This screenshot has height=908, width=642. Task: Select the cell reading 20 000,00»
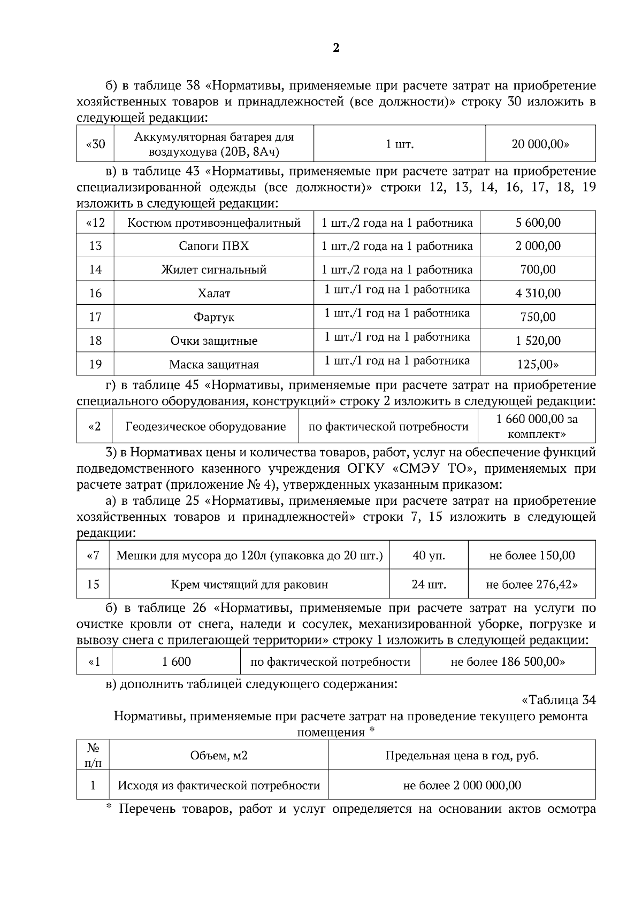(540, 144)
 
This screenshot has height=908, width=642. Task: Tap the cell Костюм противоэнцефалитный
(213, 223)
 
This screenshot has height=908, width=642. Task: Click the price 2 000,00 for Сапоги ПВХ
(538, 246)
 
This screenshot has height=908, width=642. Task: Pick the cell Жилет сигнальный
(213, 270)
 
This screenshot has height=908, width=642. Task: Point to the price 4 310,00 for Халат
(538, 293)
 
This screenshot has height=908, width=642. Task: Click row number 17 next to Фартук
(95, 317)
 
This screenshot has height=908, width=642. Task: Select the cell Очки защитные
(213, 341)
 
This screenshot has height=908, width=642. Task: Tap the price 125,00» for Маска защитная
(538, 364)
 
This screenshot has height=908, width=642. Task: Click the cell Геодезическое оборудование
(205, 427)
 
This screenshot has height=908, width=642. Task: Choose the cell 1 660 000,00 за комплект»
(537, 426)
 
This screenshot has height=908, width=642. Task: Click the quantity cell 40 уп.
(429, 556)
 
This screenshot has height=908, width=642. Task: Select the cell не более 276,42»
(531, 584)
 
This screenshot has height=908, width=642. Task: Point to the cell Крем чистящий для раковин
(249, 584)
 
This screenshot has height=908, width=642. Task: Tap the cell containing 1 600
(177, 661)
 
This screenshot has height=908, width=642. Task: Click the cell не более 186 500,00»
(507, 661)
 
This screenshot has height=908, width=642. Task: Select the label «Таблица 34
(558, 700)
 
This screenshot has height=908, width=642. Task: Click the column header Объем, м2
(218, 756)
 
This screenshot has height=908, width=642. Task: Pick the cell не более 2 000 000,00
(462, 785)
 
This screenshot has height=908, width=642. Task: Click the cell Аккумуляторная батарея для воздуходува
(213, 144)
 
